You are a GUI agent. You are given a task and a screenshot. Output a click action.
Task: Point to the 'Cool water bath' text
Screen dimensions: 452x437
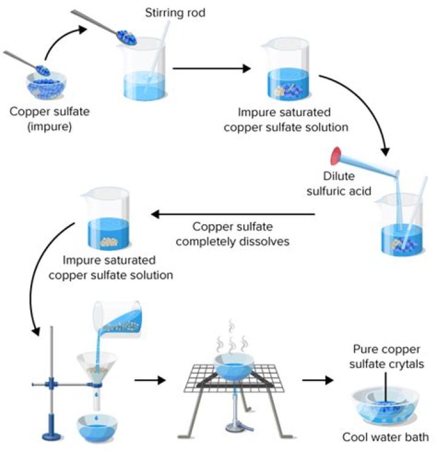tap(385, 437)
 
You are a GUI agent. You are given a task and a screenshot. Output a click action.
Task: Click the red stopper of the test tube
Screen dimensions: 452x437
tap(334, 156)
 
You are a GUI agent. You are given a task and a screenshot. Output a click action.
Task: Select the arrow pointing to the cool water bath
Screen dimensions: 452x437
tap(318, 381)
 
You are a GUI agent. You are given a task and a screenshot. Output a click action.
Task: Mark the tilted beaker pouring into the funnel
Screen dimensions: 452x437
tap(119, 321)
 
